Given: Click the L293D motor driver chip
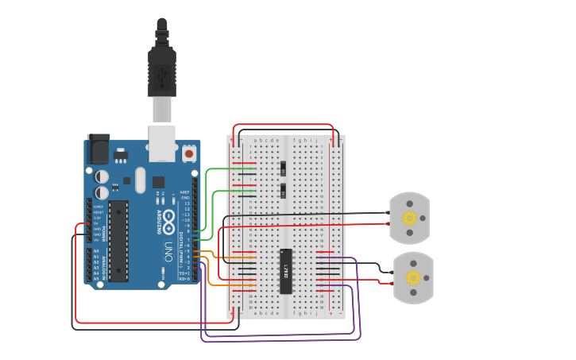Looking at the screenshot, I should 286,271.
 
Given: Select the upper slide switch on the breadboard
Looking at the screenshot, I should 284,168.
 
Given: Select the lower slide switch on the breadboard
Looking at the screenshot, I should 284,191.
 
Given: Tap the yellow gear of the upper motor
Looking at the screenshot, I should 409,218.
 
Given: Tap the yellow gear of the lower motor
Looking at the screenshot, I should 413,278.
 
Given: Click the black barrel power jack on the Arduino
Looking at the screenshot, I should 97,148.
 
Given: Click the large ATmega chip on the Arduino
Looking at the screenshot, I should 118,241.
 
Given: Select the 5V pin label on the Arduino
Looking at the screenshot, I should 96,223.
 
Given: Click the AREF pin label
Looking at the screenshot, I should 185,192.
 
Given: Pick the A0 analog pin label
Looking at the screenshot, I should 96,251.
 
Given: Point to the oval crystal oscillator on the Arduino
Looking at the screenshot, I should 141,180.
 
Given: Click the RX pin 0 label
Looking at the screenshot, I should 184,279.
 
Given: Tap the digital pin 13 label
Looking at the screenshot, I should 187,203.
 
